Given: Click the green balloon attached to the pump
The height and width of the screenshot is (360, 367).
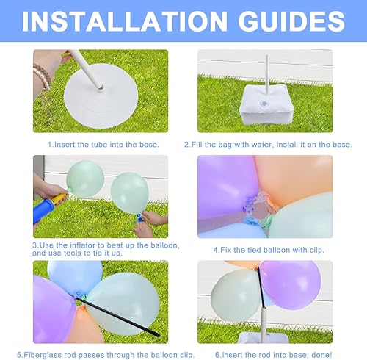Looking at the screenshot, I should point(84,179).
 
